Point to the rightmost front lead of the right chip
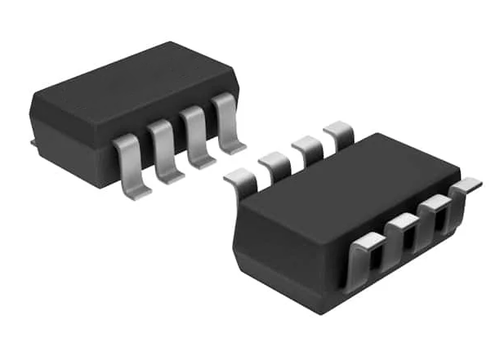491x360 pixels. (466, 189)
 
